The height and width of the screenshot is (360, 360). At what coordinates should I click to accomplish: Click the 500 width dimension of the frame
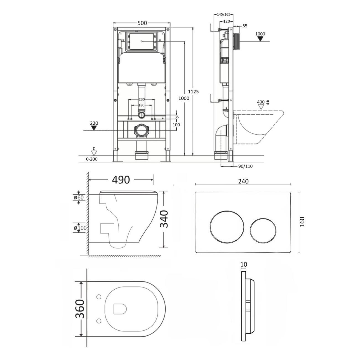[x=142, y=23]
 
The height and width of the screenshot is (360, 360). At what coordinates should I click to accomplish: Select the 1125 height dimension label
[x=193, y=92]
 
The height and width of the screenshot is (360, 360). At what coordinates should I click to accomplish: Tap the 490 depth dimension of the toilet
[x=121, y=180]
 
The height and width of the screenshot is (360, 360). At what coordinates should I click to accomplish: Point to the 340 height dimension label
[x=164, y=219]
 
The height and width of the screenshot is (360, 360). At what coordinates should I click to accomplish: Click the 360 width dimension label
[x=80, y=309]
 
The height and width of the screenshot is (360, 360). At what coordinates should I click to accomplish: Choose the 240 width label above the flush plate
[x=243, y=181]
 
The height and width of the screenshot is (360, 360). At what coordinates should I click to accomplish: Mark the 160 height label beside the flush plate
[x=302, y=222]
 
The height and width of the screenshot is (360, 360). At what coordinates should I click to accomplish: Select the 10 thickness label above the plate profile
[x=244, y=264]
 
